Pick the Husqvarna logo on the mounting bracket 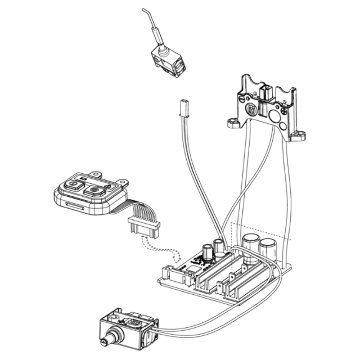251,110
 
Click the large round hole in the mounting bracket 277,116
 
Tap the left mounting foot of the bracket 233,122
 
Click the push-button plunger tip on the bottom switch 103,341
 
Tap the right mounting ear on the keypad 121,182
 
